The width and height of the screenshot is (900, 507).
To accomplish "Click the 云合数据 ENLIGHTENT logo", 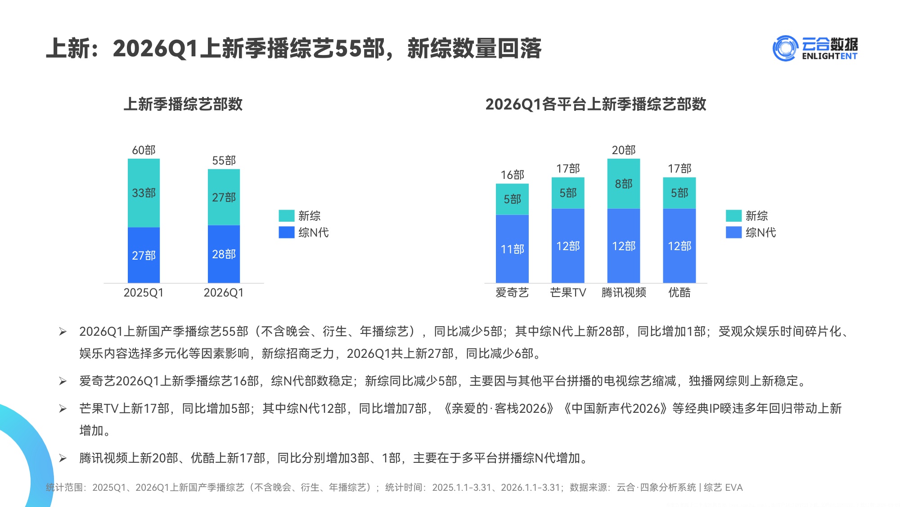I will pyautogui.click(x=815, y=48).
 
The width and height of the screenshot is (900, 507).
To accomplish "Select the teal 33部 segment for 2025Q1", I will pyautogui.click(x=144, y=193).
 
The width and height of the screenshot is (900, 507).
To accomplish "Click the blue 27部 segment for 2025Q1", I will pyautogui.click(x=144, y=255).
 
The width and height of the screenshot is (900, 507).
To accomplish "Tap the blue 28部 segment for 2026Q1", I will pyautogui.click(x=224, y=254).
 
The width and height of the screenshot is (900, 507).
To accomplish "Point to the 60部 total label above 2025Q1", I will pyautogui.click(x=144, y=150).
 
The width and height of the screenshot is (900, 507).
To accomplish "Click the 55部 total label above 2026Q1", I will pyautogui.click(x=224, y=160).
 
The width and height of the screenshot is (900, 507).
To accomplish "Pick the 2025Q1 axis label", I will pyautogui.click(x=144, y=292).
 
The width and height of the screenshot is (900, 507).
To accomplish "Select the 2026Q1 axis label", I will pyautogui.click(x=224, y=292).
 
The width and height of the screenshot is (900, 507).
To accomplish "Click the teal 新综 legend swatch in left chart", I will pyautogui.click(x=286, y=216).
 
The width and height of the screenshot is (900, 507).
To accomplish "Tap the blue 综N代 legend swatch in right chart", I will pyautogui.click(x=733, y=233).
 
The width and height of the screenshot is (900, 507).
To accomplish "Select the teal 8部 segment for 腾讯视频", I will pyautogui.click(x=623, y=183).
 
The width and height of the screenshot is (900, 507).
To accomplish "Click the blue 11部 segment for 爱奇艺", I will pyautogui.click(x=512, y=249).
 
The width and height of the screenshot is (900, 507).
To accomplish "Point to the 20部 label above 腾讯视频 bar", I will pyautogui.click(x=623, y=150).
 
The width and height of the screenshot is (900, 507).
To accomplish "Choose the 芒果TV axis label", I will pyautogui.click(x=568, y=292).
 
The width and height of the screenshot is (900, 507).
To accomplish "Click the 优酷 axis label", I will pyautogui.click(x=679, y=292).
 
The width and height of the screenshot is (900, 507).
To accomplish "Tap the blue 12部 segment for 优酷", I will pyautogui.click(x=679, y=246).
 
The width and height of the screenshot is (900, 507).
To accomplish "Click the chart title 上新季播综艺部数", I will pyautogui.click(x=183, y=104).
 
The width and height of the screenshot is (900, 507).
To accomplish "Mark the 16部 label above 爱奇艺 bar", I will pyautogui.click(x=512, y=175).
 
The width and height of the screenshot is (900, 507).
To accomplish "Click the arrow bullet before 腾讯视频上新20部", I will pyautogui.click(x=63, y=458).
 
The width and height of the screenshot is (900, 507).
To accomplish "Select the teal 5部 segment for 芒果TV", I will pyautogui.click(x=568, y=193).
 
